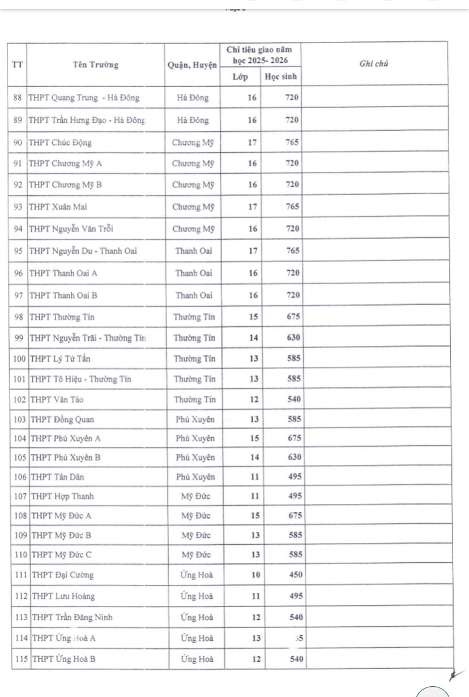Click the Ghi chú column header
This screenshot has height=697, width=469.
point(373,64)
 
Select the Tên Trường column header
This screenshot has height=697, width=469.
point(96,65)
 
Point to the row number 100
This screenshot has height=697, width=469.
point(20,358)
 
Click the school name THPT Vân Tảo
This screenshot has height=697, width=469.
point(57,399)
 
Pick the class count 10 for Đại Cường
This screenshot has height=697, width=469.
point(255,575)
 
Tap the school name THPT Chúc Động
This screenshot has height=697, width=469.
point(60,143)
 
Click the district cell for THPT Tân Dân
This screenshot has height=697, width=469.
point(195,477)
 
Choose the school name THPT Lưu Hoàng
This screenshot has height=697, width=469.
point(63,596)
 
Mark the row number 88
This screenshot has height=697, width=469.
point(18,97)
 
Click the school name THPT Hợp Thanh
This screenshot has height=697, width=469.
point(62,497)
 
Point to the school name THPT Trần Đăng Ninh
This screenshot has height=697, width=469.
point(72,617)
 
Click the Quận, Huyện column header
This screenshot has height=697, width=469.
point(193,65)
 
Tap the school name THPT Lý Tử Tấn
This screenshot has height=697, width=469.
point(60,358)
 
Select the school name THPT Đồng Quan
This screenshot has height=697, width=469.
point(62,420)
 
